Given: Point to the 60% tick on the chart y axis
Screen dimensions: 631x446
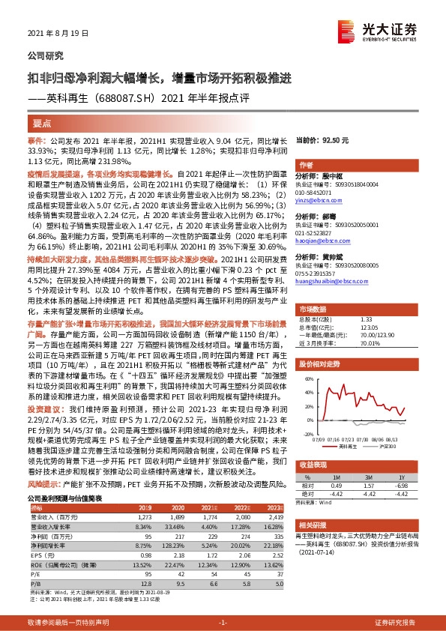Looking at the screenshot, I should [x=308, y=380].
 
